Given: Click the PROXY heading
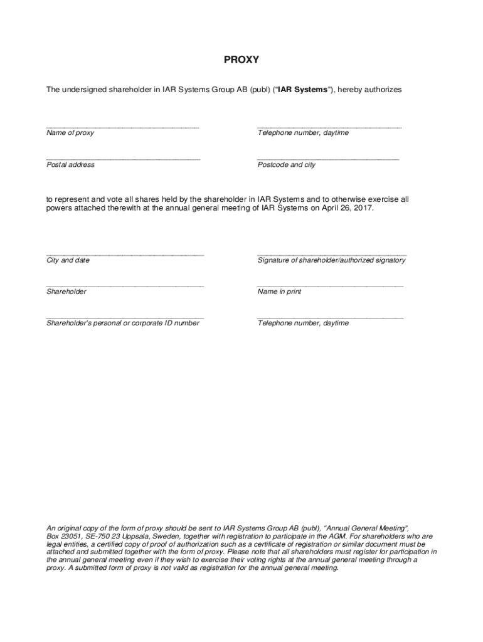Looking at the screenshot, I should (242, 60).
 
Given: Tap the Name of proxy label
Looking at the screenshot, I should (70, 133).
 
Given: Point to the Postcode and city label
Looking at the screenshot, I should (287, 165).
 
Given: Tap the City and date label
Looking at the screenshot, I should (68, 260).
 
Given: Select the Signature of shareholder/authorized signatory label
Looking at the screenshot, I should (331, 260).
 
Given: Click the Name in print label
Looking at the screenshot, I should (279, 292).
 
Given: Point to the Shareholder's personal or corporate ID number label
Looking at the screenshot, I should (123, 323).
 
